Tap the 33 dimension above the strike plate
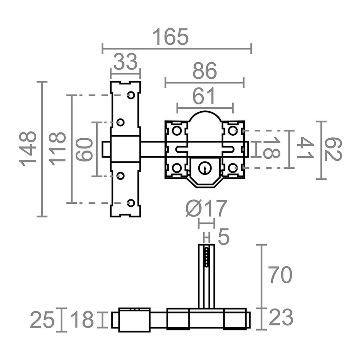(125, 62)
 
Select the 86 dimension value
(204, 72)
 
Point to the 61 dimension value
(205, 97)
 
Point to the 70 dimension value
(280, 275)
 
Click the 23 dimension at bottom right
(281, 317)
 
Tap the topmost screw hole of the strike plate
(131, 95)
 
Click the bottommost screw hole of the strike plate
(131, 202)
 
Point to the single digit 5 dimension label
(223, 238)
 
